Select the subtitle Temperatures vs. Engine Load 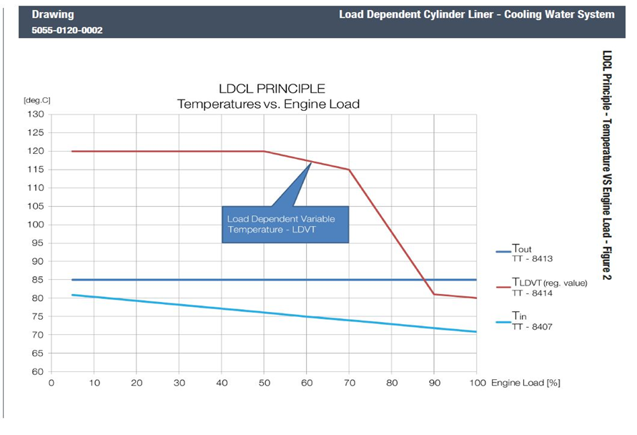268,104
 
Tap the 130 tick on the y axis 36,114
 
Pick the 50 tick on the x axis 264,383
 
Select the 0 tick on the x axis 51,383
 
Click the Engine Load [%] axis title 525,383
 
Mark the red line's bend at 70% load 349,170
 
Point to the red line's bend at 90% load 434,294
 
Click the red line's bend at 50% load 264,151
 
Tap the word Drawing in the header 52,14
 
